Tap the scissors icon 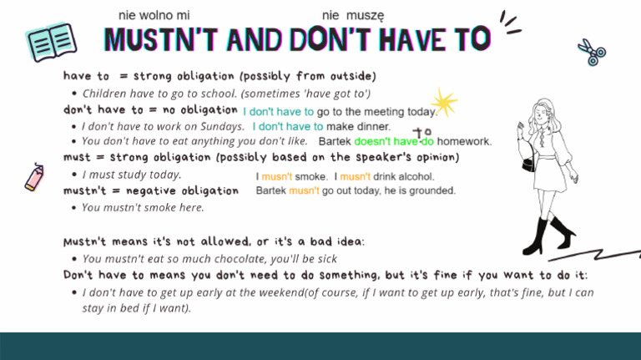coord(592,53)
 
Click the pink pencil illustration coord(35,178)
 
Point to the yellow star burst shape coord(443,103)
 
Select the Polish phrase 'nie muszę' coord(353,15)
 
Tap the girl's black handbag coord(529,163)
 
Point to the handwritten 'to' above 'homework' coord(422,132)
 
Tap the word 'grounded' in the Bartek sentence coord(432,191)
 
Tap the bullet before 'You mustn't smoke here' coord(75,208)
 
